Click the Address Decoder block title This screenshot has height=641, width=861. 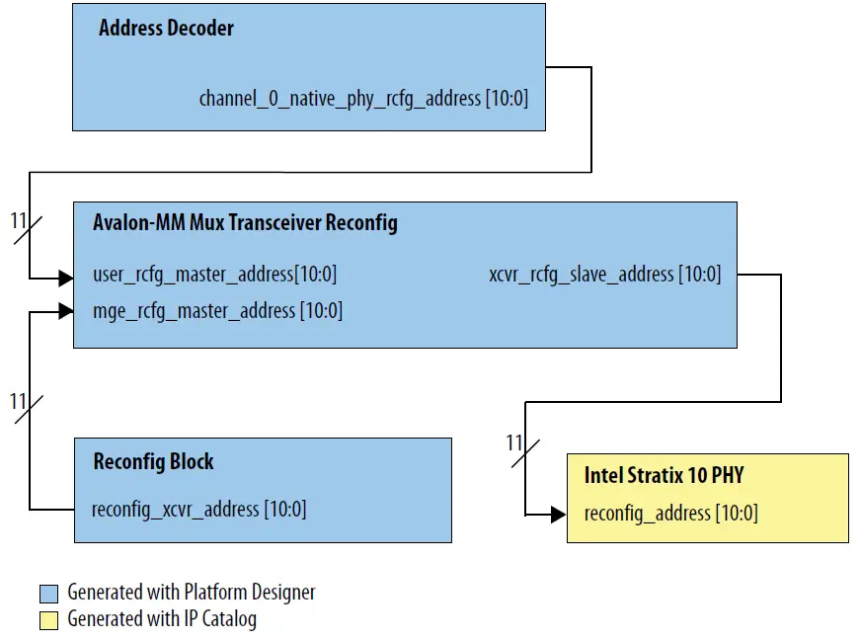click(166, 28)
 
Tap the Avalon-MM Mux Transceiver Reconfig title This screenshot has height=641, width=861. click(245, 223)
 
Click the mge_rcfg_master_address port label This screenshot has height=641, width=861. click(217, 311)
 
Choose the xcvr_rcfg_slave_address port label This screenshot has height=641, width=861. click(604, 275)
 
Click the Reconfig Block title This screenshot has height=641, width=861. click(153, 461)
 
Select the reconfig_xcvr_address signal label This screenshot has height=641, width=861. click(198, 510)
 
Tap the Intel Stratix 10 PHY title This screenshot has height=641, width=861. click(664, 475)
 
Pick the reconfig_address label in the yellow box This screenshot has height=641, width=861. click(670, 514)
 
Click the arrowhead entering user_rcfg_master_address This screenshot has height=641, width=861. click(66, 280)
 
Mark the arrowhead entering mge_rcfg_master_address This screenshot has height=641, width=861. click(66, 311)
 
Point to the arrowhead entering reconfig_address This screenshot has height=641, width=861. click(559, 515)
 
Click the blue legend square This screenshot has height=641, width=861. click(49, 594)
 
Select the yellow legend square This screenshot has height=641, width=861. click(49, 620)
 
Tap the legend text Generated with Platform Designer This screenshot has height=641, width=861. click(192, 594)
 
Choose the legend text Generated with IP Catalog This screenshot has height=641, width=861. click(162, 620)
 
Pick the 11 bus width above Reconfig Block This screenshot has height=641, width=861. click(18, 402)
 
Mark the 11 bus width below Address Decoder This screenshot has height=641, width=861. click(19, 221)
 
